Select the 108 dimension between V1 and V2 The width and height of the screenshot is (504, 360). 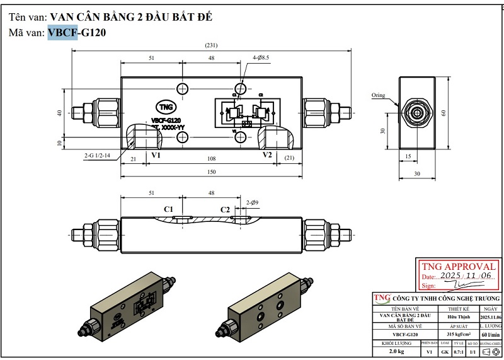coord(212,159)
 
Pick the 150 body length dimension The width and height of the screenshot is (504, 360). coord(212,172)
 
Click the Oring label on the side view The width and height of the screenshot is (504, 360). coord(378,95)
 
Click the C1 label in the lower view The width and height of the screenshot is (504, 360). coord(169,209)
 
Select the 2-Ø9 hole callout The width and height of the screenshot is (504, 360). coord(253,202)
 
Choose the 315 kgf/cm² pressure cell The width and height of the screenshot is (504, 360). coord(459,334)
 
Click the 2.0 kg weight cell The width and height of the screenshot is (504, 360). coord(396,351)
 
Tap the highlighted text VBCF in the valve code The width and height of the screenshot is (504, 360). coord(62,33)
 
